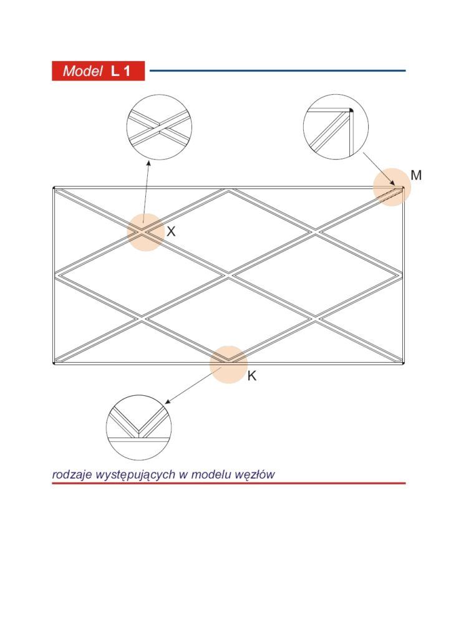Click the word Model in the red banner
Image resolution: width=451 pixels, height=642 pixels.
point(82,71)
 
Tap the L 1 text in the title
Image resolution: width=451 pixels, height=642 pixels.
point(120,71)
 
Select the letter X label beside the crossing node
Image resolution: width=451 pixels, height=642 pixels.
point(171,231)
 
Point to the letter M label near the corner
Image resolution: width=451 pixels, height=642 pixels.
point(416,175)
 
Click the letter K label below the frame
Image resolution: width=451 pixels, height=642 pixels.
point(251,375)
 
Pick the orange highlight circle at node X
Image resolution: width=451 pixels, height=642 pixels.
point(146,232)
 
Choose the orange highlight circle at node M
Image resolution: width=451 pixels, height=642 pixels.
point(392,187)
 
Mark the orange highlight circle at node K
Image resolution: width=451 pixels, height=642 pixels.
point(228,365)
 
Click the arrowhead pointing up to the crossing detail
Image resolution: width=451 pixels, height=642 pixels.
point(148,163)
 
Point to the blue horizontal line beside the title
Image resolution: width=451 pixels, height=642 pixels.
point(278,70)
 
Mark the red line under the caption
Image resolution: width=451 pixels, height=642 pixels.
point(228,483)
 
